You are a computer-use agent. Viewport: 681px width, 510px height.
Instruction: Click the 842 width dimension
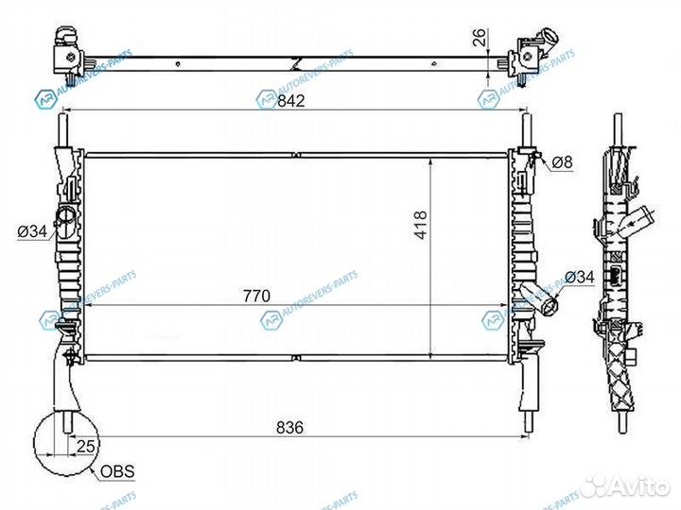coord(290,103)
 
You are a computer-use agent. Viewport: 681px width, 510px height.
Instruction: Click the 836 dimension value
coord(289,428)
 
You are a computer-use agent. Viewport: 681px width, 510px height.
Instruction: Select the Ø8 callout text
coord(562,162)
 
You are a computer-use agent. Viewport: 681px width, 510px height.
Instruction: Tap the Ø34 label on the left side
coord(30,229)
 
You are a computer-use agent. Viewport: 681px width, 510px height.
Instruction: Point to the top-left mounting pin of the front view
coord(63,127)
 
